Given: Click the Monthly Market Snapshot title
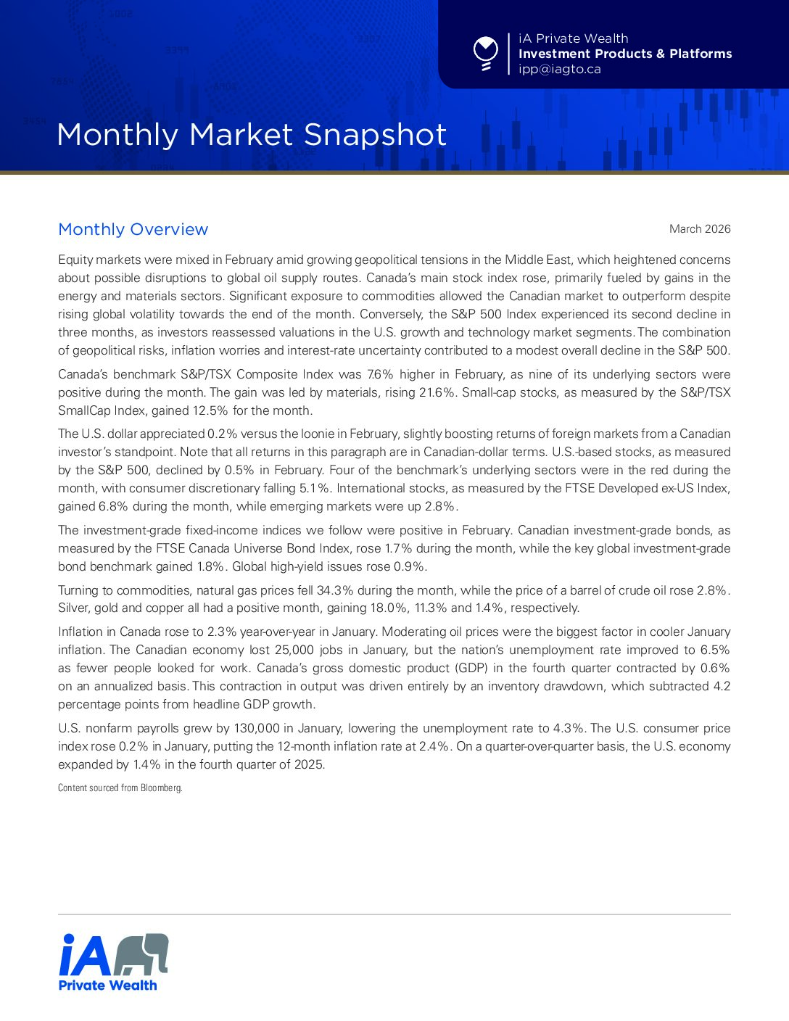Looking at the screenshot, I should coord(252,135).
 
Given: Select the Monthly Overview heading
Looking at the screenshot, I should coord(133,229).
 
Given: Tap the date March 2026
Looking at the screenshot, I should coord(700,229).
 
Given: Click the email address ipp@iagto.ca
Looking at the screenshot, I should coord(559,70).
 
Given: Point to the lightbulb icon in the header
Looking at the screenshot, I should coord(485,54).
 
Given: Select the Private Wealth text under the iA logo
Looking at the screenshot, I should coord(107,985).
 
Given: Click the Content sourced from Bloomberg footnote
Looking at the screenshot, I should coord(120,788).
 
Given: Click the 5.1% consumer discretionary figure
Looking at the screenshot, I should coord(314,488).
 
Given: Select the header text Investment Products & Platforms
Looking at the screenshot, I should coord(625,54).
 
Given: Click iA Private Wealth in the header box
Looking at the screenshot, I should coord(573,38).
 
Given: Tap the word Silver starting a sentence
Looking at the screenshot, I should coord(73,608).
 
